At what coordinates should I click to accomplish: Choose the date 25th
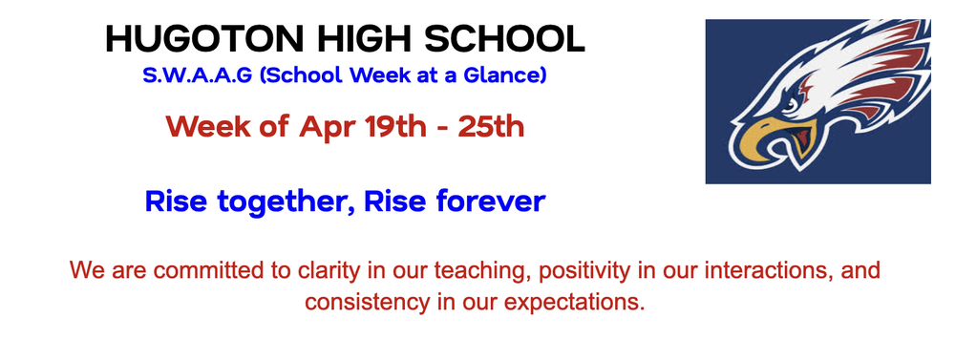pos(491,125)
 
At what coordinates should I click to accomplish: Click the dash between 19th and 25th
pos(442,126)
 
